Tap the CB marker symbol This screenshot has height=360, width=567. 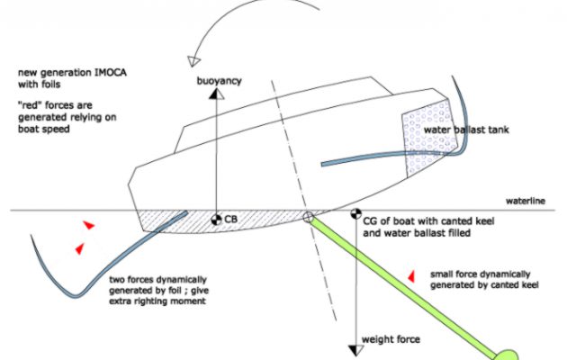click(x=215, y=219)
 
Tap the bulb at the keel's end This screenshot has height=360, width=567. click(x=508, y=354)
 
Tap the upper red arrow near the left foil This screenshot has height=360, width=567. click(x=87, y=224)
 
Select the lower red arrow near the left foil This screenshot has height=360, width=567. click(x=79, y=247)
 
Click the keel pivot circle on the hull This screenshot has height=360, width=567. click(x=309, y=218)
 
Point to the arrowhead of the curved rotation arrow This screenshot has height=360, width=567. click(x=191, y=61)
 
